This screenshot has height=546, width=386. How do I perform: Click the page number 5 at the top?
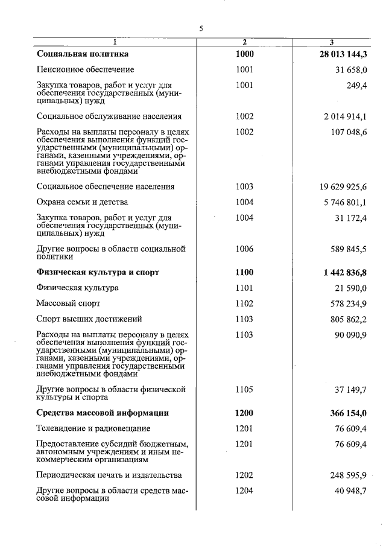tap(201, 28)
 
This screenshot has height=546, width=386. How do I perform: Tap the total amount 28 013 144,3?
tap(339, 54)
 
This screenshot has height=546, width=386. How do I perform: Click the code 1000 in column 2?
tap(245, 54)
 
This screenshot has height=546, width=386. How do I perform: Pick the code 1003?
tap(245, 186)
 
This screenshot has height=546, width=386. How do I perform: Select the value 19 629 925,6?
tap(341, 186)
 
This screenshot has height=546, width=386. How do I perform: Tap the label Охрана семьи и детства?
tap(82, 202)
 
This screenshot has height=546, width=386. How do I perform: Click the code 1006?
tap(245, 249)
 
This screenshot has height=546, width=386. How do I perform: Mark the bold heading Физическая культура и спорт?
tap(98, 272)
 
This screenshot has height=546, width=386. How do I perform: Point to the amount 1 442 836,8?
tap(341, 272)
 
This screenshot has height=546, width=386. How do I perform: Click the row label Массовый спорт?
tap(68, 303)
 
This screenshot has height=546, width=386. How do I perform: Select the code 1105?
tap(245, 390)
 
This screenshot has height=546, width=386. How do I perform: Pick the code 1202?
tap(245, 475)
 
